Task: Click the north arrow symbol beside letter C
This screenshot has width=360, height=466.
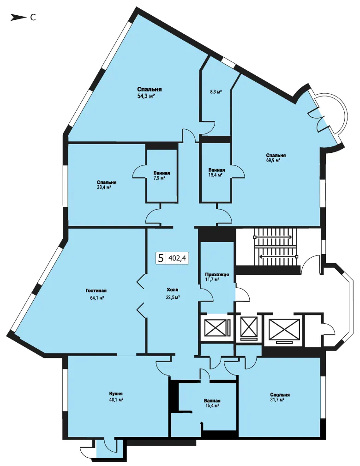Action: pyautogui.click(x=18, y=18)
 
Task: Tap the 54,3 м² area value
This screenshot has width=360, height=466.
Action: pyautogui.click(x=146, y=96)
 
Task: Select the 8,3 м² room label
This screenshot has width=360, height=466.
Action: pyautogui.click(x=216, y=92)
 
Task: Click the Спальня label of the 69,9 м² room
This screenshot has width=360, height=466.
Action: pyautogui.click(x=276, y=155)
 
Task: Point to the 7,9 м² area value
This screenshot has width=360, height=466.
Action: pyautogui.click(x=159, y=178)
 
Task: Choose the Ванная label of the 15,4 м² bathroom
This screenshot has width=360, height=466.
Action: pyautogui.click(x=216, y=170)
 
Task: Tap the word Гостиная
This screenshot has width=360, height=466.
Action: pyautogui.click(x=96, y=290)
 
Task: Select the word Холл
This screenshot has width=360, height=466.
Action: pyautogui.click(x=173, y=290)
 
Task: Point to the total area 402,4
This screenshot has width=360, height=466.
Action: pyautogui.click(x=177, y=258)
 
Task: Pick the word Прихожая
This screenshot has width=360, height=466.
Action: pyautogui.click(x=217, y=275)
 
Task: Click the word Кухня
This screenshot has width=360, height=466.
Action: pyautogui.click(x=116, y=393)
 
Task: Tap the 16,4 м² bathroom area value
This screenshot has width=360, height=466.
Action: pyautogui.click(x=212, y=405)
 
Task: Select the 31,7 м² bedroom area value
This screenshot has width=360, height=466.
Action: pyautogui.click(x=277, y=400)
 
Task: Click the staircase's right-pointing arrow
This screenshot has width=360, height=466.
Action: pyautogui.click(x=273, y=237)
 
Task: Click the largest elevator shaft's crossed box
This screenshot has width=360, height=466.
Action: pyautogui.click(x=284, y=329)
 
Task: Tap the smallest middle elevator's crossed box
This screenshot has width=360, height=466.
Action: pyautogui.click(x=249, y=326)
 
